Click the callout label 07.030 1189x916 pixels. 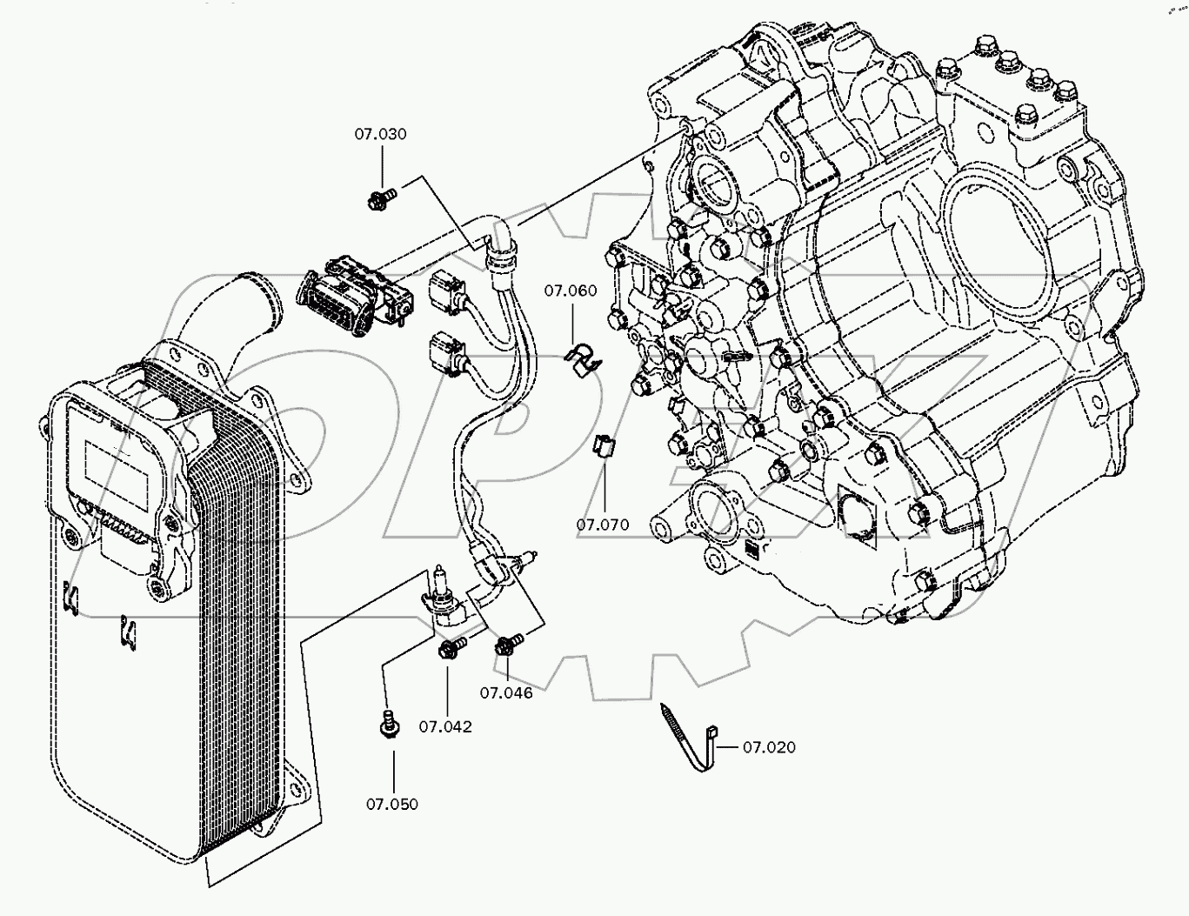click(380, 135)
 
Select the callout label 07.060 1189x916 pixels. click(571, 291)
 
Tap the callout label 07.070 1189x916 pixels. click(602, 525)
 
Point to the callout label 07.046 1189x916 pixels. click(506, 693)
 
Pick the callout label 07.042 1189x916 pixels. click(445, 726)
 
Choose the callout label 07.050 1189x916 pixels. click(391, 804)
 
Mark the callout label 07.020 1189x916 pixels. click(769, 747)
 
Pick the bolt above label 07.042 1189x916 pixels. click(451, 649)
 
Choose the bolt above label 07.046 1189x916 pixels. click(506, 646)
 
